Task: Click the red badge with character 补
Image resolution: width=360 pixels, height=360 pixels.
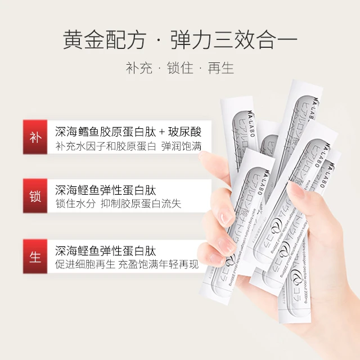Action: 35,138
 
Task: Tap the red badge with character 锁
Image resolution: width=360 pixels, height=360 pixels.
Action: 35,196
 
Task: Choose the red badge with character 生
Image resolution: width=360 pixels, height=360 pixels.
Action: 35,256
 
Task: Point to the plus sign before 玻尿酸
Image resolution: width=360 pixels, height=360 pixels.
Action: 163,132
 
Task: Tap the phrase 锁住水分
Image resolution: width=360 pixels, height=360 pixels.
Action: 76,204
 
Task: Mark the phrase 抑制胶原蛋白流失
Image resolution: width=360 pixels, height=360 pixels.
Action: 142,204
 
